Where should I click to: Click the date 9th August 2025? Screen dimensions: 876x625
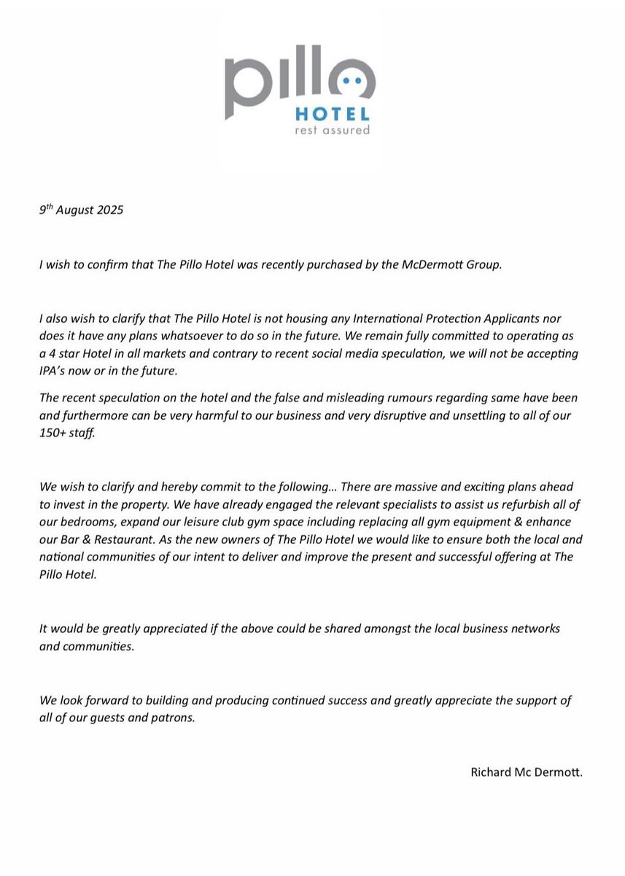81,212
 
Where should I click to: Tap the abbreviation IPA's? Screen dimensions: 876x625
59,370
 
